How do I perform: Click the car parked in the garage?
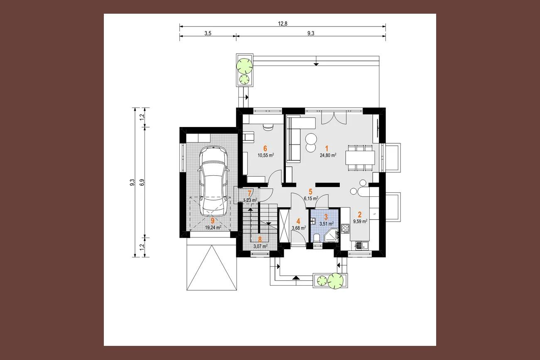pyautogui.click(x=214, y=181)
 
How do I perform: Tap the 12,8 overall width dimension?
pyautogui.click(x=282, y=24)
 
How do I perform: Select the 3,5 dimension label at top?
pyautogui.click(x=208, y=34)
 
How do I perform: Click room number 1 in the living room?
pyautogui.click(x=326, y=148)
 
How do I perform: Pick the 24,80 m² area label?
pyautogui.click(x=328, y=155)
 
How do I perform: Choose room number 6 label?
pyautogui.click(x=265, y=148)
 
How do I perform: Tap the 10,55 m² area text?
pyautogui.click(x=266, y=155)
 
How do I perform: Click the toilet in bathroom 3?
pyautogui.click(x=317, y=238)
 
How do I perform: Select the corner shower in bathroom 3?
pyautogui.click(x=332, y=235)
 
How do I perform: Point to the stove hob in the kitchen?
pyautogui.click(x=345, y=229)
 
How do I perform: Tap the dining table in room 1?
pyautogui.click(x=360, y=157)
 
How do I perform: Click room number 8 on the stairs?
pyautogui.click(x=260, y=239)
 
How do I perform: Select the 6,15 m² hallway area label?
pyautogui.click(x=311, y=198)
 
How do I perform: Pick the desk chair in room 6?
pyautogui.click(x=268, y=127)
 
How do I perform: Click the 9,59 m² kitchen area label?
pyautogui.click(x=360, y=221)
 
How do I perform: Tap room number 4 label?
pyautogui.click(x=298, y=221)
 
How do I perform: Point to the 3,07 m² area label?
pyautogui.click(x=260, y=246)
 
